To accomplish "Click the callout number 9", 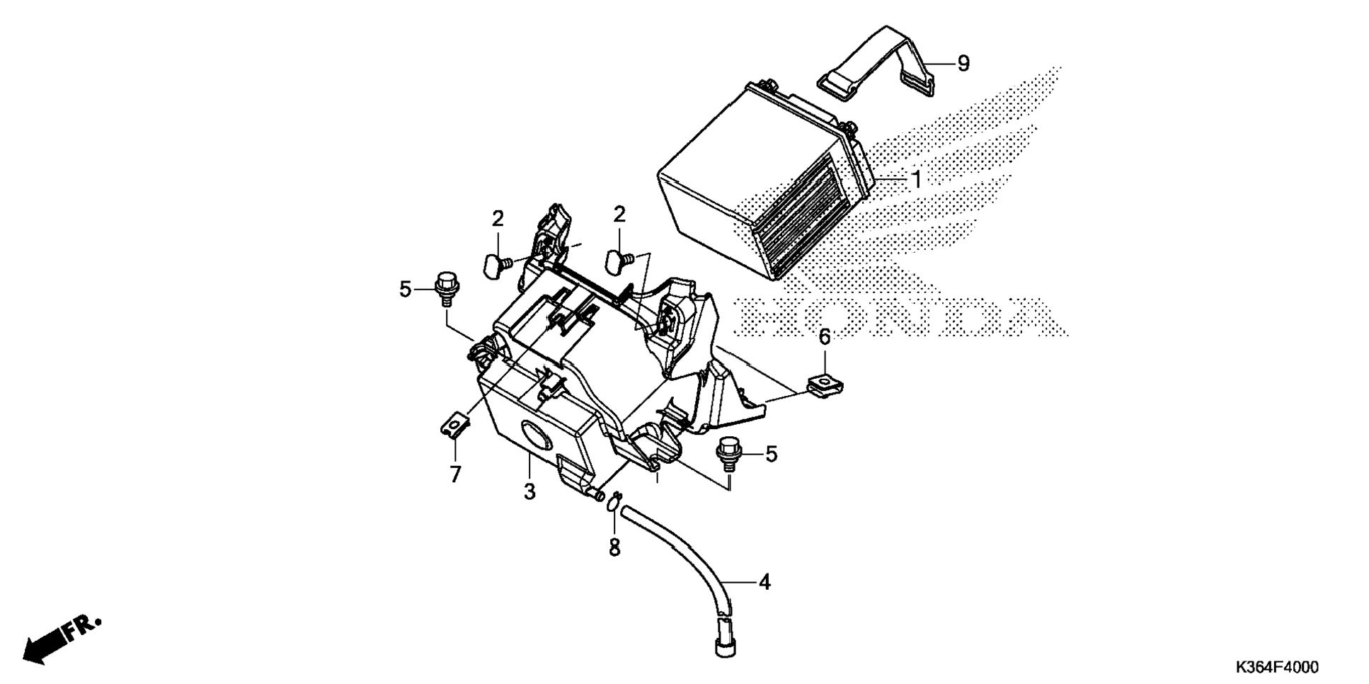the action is click(963, 63).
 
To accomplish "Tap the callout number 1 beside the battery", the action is click(916, 180).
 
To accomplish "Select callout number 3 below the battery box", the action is click(529, 491).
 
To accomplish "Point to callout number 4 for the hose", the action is click(764, 582).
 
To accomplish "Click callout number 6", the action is click(825, 337).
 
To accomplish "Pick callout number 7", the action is click(455, 474).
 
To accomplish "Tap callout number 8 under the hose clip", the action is click(614, 547).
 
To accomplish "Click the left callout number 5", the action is click(405, 289).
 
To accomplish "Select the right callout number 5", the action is click(771, 454).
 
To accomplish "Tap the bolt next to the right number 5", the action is click(727, 453).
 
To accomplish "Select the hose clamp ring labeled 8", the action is click(614, 501).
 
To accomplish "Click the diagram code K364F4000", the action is click(1277, 667).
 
